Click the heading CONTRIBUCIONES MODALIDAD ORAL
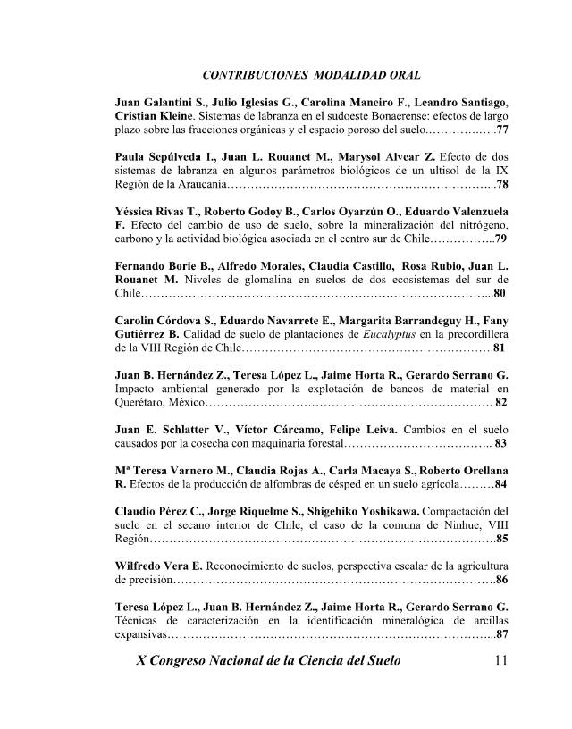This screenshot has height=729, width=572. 312,73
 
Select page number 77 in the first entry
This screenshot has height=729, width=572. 502,131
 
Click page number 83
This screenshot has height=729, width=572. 501,442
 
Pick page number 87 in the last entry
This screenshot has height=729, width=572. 501,634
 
